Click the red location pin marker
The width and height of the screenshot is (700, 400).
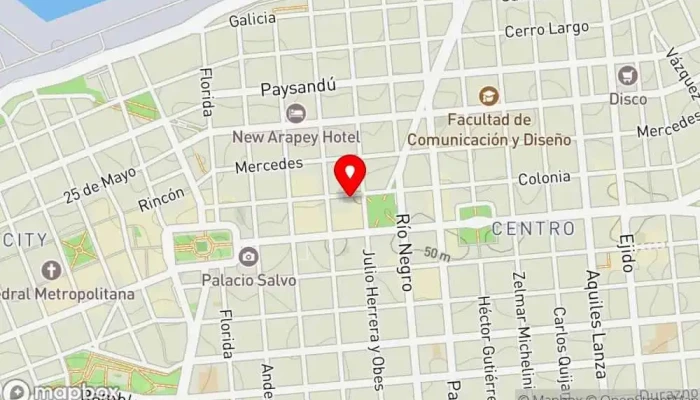coord(350,175)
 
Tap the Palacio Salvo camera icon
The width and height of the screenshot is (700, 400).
coord(247,257)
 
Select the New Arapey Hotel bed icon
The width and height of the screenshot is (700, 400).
coord(295,113)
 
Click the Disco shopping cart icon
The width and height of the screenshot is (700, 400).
coord(628,75)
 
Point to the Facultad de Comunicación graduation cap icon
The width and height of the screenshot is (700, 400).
coord(487,96)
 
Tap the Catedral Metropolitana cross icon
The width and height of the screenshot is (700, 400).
coord(51,270)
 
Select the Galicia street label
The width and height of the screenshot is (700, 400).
coord(252,19)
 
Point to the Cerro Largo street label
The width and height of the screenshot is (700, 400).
coord(546,29)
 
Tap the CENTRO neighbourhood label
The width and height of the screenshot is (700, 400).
coord(532,229)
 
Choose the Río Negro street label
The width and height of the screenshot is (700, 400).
coord(404,252)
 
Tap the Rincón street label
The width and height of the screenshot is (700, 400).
coord(161,200)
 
